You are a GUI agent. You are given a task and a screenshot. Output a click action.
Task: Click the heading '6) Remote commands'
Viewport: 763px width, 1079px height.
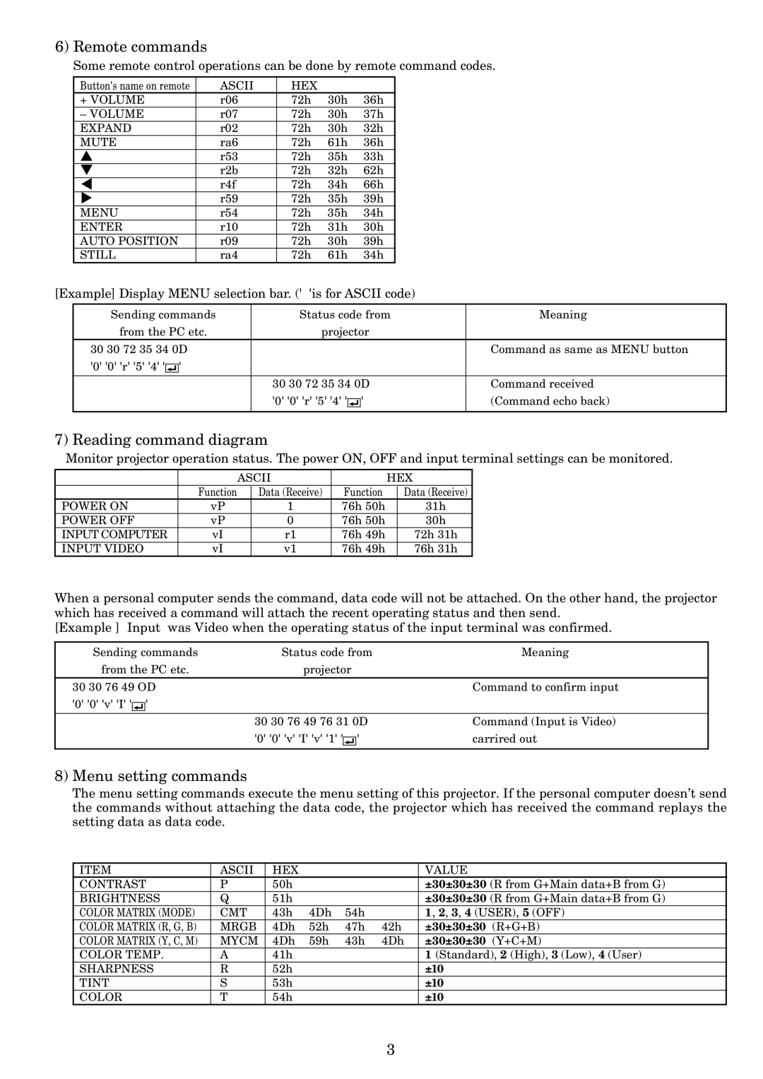tap(131, 47)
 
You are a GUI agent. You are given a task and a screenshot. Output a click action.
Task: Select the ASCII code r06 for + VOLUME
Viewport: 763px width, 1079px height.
tap(229, 100)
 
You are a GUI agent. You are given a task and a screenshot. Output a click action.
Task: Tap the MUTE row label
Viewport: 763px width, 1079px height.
tap(98, 143)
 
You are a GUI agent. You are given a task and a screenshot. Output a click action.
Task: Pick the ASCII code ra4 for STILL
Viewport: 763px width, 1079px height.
tap(229, 256)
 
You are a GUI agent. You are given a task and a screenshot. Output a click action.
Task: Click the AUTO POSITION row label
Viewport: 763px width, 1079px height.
tap(129, 242)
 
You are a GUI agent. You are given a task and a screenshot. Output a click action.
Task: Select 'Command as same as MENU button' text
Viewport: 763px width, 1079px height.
tap(588, 350)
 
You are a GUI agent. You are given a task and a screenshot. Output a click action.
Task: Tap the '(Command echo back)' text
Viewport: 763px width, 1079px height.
tap(550, 401)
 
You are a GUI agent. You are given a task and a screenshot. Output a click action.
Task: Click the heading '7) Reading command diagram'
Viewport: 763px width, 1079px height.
tap(161, 440)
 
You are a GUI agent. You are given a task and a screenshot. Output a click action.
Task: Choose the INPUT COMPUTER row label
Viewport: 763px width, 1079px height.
tap(114, 535)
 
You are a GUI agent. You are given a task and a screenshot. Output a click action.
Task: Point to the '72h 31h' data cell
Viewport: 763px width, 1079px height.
tap(435, 535)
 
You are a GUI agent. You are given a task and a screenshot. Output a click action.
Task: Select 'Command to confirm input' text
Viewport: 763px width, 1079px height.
tap(545, 687)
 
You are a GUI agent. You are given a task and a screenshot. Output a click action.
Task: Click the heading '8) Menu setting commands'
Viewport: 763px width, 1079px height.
tap(150, 776)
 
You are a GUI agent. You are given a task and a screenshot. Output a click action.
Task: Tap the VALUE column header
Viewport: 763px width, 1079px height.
tap(446, 871)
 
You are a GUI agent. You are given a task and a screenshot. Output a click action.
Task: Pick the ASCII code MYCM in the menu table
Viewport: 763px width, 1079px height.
tap(239, 941)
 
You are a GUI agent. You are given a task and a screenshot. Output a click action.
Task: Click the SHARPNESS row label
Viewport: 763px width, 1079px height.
tap(116, 970)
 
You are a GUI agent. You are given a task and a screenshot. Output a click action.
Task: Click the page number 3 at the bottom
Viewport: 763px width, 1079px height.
tap(390, 1049)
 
